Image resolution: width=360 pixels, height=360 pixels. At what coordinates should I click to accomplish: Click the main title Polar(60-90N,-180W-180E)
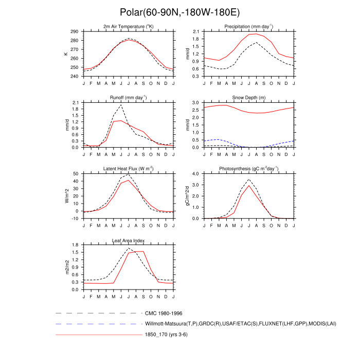[179, 12]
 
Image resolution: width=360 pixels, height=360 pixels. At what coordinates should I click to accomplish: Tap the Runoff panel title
[129, 98]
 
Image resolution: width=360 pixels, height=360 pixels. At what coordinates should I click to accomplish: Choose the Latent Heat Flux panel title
[129, 169]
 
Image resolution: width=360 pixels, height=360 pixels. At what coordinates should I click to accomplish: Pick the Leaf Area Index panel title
[129, 240]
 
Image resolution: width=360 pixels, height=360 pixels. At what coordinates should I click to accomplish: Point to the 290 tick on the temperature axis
[75, 32]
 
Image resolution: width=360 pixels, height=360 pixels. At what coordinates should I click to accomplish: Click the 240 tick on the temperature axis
[75, 76]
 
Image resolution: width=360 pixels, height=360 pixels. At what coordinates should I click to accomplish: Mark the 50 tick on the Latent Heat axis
[76, 174]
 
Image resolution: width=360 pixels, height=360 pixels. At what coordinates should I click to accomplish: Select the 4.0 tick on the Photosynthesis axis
[195, 174]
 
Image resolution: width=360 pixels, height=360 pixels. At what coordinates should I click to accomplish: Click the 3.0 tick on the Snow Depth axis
[195, 103]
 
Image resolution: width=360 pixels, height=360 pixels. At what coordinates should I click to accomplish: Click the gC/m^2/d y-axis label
[187, 196]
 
